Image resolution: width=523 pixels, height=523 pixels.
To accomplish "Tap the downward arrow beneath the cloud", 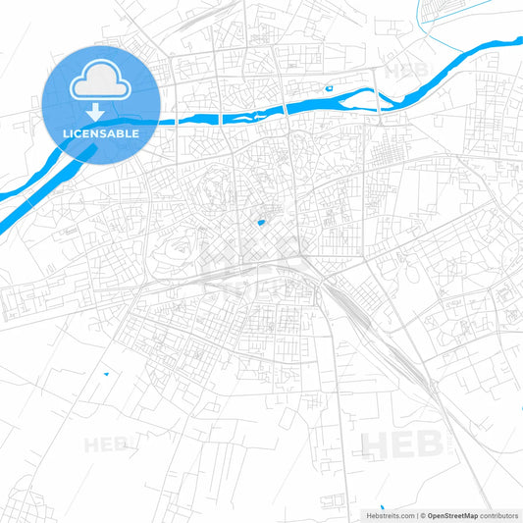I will (101, 112).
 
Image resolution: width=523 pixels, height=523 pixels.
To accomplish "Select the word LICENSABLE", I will (101, 132).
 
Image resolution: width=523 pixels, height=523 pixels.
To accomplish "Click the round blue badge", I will (101, 104).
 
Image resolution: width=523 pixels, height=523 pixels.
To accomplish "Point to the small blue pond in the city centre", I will (260, 222).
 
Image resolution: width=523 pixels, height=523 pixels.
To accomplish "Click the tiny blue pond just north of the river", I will (329, 89).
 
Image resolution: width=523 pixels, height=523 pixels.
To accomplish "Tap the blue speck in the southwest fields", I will (104, 374).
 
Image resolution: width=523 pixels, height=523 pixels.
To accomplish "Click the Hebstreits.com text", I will (387, 514).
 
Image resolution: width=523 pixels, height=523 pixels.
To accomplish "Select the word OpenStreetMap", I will (451, 514).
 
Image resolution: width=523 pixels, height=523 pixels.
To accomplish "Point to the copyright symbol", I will (421, 514).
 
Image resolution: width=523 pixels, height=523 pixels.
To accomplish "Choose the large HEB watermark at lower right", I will (402, 445).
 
